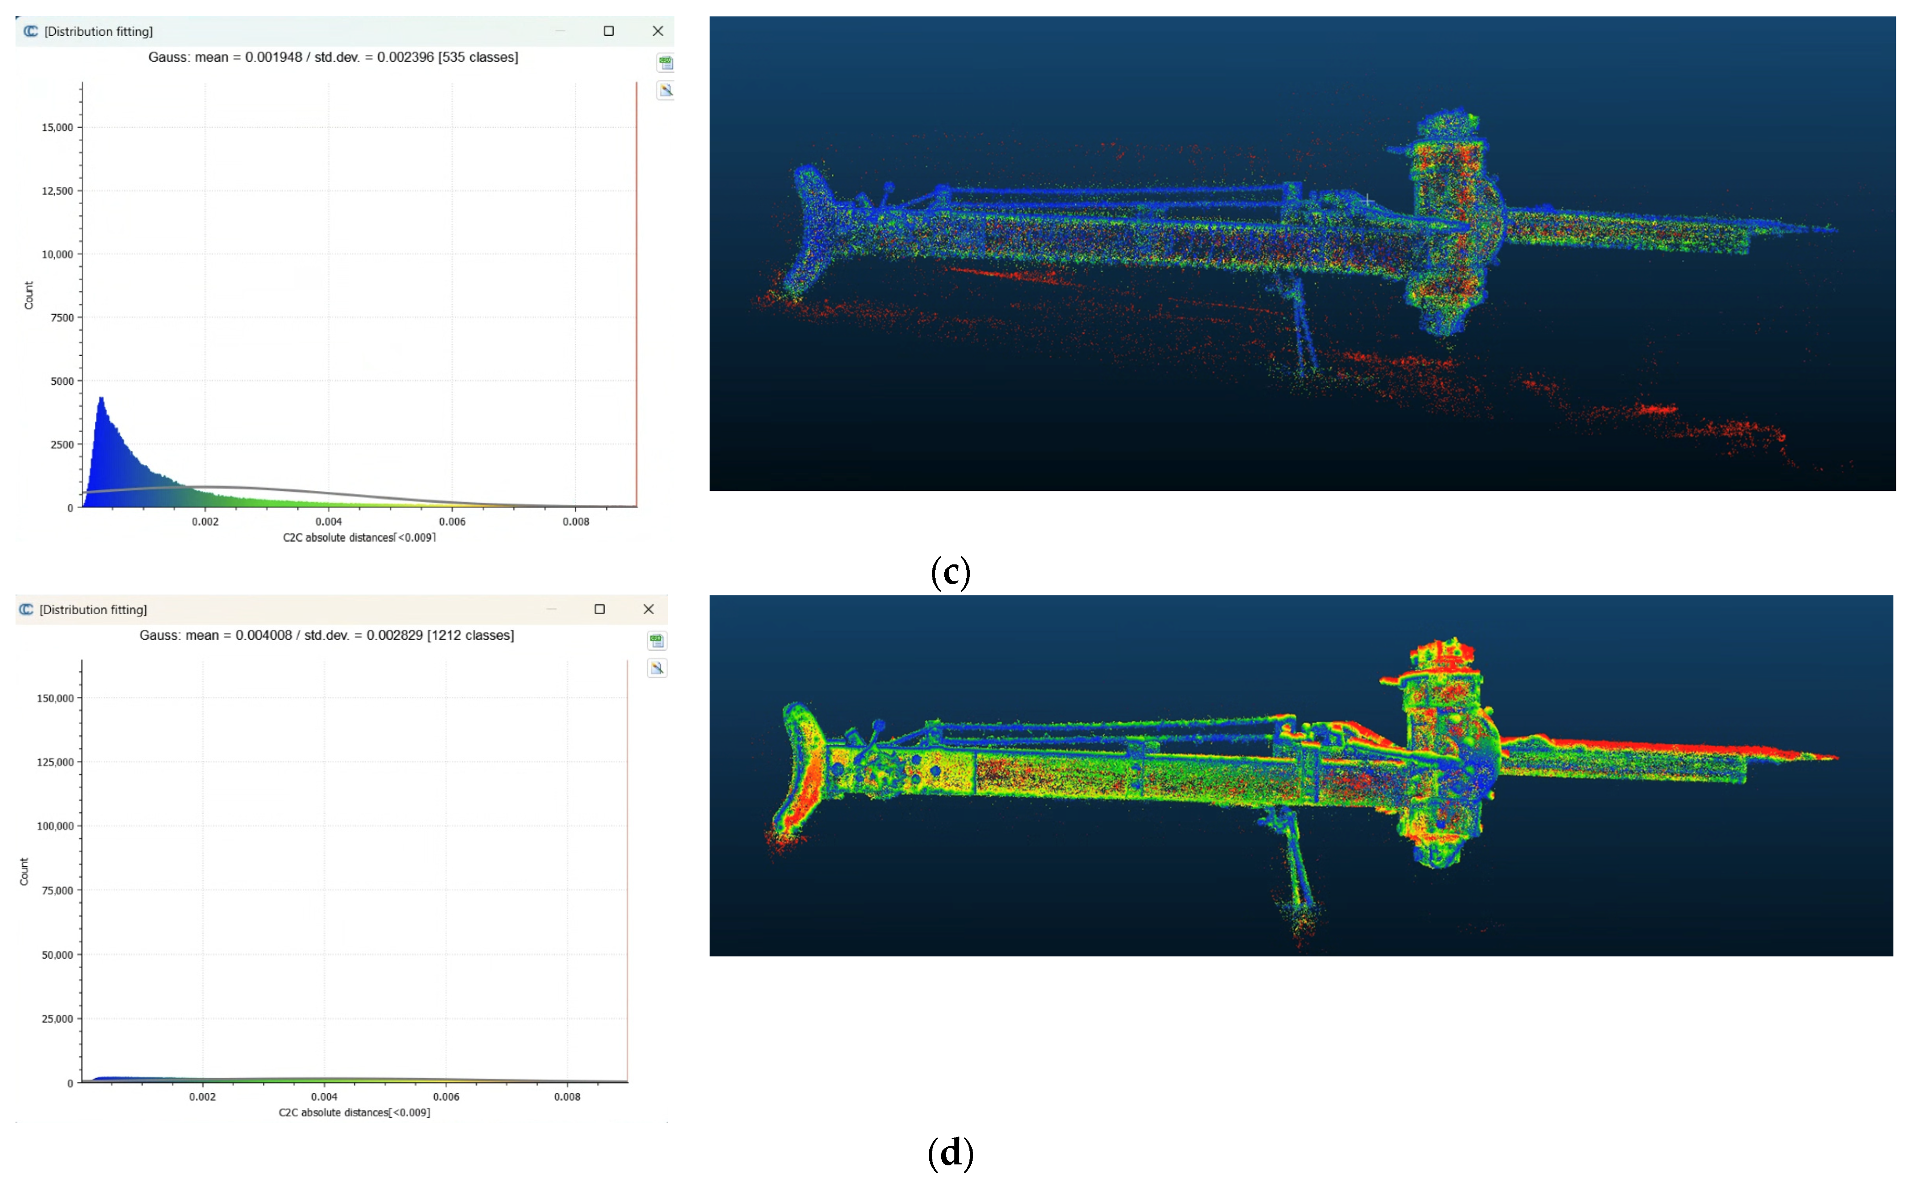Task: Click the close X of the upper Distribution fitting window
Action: (658, 32)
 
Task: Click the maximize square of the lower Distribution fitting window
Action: (600, 609)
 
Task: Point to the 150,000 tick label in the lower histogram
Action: (55, 698)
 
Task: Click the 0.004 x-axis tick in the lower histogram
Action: (324, 1096)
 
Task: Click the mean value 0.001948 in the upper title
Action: (273, 58)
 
